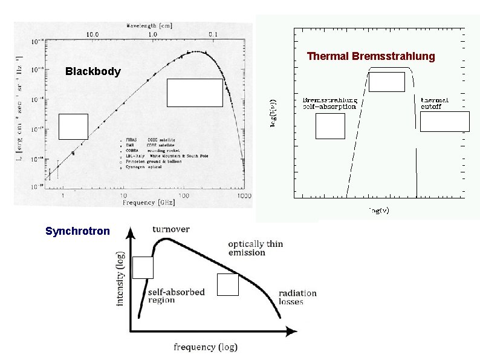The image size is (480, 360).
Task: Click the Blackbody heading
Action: click(x=92, y=71)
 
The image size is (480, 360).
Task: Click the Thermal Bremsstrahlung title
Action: click(x=371, y=56)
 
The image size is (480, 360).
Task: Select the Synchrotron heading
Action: click(x=78, y=231)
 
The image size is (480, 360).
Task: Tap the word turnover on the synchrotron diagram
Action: click(x=171, y=229)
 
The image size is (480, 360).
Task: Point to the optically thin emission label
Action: click(x=255, y=248)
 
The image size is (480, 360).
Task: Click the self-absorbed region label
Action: click(x=176, y=296)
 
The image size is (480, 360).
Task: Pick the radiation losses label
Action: click(x=297, y=297)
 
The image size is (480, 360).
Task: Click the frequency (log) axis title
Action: click(x=206, y=347)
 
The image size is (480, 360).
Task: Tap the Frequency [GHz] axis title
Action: click(x=148, y=203)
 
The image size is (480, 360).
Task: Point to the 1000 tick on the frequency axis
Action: click(x=244, y=196)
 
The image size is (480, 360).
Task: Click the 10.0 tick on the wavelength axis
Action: click(x=92, y=34)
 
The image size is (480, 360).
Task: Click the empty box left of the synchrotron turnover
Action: click(x=143, y=267)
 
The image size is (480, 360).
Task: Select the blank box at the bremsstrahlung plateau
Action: click(x=386, y=82)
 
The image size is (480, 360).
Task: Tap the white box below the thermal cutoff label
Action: click(x=444, y=121)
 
